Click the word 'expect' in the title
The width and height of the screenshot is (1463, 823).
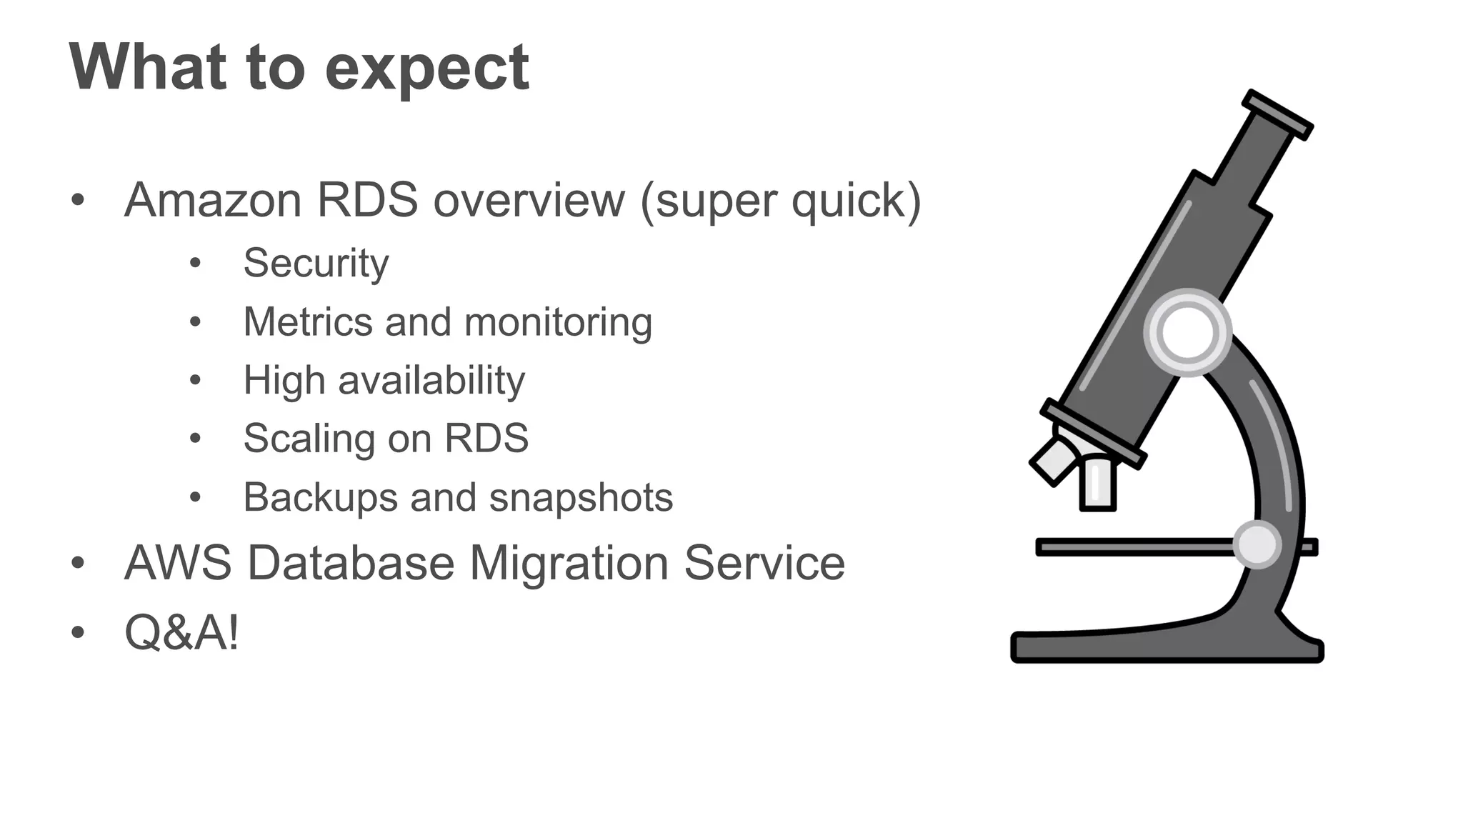click(x=426, y=68)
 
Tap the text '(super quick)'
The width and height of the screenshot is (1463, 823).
click(x=781, y=201)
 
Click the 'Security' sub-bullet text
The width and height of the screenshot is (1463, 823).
click(x=316, y=263)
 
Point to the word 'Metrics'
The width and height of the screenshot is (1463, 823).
click(x=307, y=321)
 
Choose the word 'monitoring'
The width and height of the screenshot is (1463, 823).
click(x=558, y=322)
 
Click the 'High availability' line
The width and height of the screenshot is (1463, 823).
click(x=384, y=380)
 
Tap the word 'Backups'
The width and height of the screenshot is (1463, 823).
click(x=320, y=497)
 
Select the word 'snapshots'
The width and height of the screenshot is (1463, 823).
click(x=581, y=497)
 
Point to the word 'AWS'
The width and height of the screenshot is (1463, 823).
click(x=178, y=563)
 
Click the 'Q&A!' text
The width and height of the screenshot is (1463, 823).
click(x=181, y=632)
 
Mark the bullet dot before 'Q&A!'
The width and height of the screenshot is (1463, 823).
click(x=78, y=632)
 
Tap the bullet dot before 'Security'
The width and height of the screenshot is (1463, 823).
click(x=196, y=264)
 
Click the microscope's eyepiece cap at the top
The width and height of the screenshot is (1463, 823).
click(x=1278, y=114)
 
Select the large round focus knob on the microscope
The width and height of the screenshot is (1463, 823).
click(x=1187, y=332)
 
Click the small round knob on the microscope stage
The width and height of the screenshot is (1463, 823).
click(x=1257, y=544)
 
